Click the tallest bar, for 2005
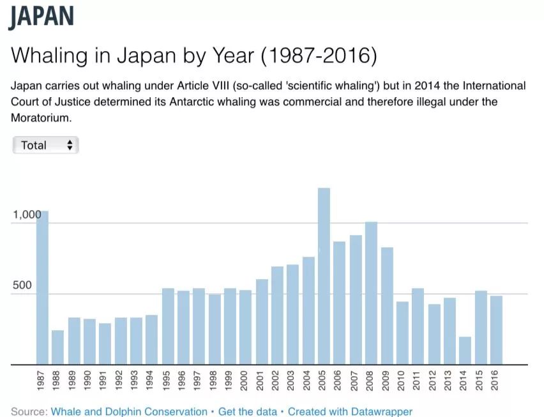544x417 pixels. tap(324, 276)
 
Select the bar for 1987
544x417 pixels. tap(42, 287)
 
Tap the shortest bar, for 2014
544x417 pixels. tap(465, 351)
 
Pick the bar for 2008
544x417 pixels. tap(371, 293)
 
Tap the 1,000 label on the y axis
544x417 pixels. tap(26, 215)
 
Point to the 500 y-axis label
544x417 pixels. tap(22, 285)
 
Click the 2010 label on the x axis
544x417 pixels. tap(402, 380)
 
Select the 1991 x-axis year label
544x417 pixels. tap(103, 380)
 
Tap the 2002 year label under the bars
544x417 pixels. tap(277, 380)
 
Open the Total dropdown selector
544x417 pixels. tap(45, 145)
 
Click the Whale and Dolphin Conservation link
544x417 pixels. tap(129, 412)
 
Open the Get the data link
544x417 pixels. tap(248, 412)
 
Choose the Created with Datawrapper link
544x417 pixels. tap(350, 412)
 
